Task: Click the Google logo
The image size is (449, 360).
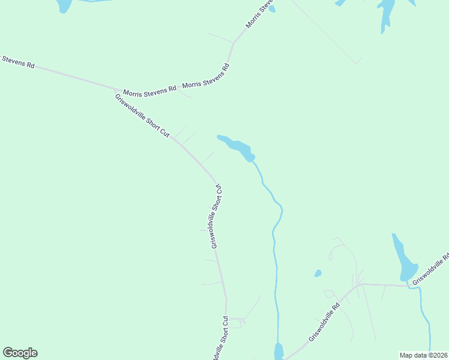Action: [20, 353]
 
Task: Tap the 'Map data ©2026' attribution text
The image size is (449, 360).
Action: [423, 355]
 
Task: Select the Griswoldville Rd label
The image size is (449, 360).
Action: [325, 322]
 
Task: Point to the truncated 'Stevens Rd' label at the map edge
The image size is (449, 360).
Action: [18, 61]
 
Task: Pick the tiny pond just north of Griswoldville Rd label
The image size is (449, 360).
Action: [318, 274]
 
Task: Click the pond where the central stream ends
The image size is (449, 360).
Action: [279, 351]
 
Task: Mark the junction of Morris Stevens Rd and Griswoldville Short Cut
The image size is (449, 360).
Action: [115, 89]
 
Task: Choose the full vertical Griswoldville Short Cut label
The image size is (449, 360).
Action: [217, 216]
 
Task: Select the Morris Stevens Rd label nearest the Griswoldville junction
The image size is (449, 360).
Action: [149, 91]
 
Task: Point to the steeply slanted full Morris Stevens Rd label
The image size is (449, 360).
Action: [206, 76]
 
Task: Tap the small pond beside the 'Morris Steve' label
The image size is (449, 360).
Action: [272, 8]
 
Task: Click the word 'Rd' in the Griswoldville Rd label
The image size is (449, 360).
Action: [336, 305]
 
